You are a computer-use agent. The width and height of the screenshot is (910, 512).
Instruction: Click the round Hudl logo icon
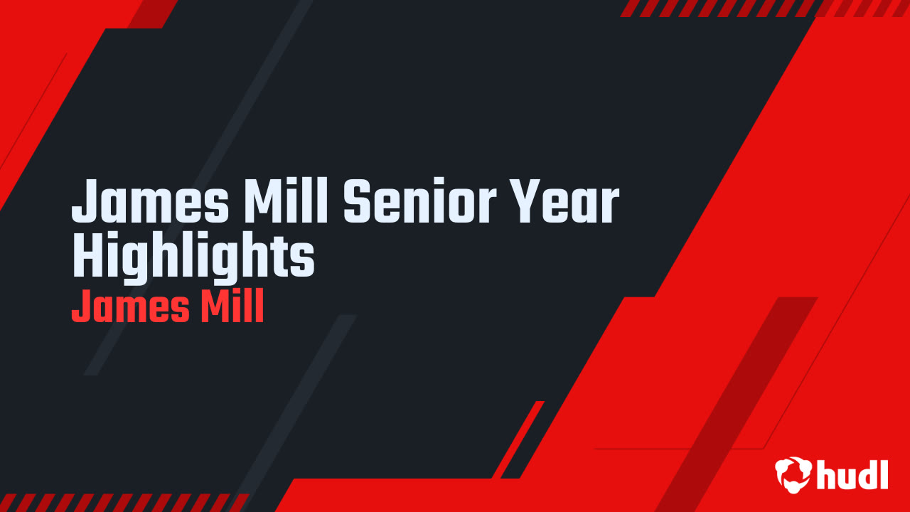tap(793, 473)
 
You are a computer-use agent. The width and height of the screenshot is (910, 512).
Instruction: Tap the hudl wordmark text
tap(852, 474)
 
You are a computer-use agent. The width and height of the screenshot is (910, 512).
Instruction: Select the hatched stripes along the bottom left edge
tap(121, 502)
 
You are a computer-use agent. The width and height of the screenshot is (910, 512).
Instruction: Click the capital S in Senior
tap(360, 203)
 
